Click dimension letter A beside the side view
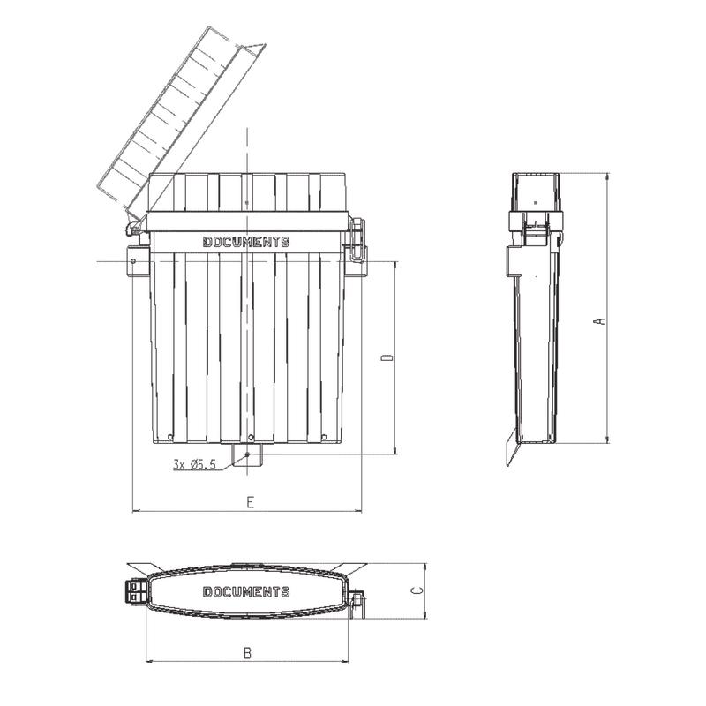pos(600,320)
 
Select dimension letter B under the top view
pos(247,653)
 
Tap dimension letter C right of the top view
pos(417,590)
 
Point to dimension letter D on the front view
pos(387,357)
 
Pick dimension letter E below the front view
pos(251,502)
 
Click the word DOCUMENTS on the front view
pos(246,242)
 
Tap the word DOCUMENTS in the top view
pos(246,591)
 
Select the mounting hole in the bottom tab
pos(247,454)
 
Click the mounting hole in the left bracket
pos(133,260)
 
